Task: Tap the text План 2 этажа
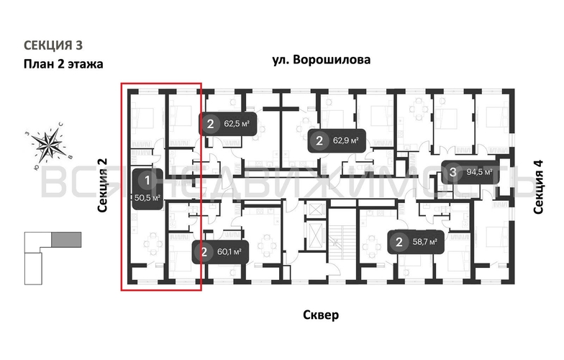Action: click(63, 64)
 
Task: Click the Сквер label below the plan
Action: click(321, 315)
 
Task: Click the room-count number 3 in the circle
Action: click(452, 172)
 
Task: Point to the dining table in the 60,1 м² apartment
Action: click(268, 245)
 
